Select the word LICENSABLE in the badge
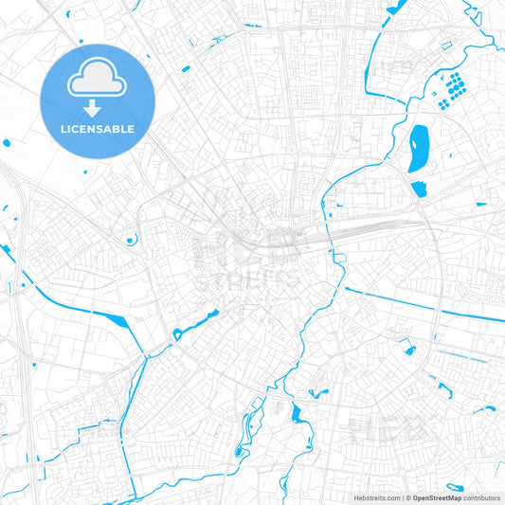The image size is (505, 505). click(97, 128)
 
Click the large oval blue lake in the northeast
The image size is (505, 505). click(417, 150)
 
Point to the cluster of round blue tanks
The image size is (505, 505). click(455, 87)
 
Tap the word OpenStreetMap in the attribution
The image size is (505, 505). click(437, 496)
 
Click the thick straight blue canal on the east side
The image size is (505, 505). click(426, 304)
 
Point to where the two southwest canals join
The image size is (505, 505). click(145, 358)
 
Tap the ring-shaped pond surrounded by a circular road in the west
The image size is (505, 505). click(127, 239)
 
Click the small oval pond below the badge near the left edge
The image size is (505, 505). click(9, 144)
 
